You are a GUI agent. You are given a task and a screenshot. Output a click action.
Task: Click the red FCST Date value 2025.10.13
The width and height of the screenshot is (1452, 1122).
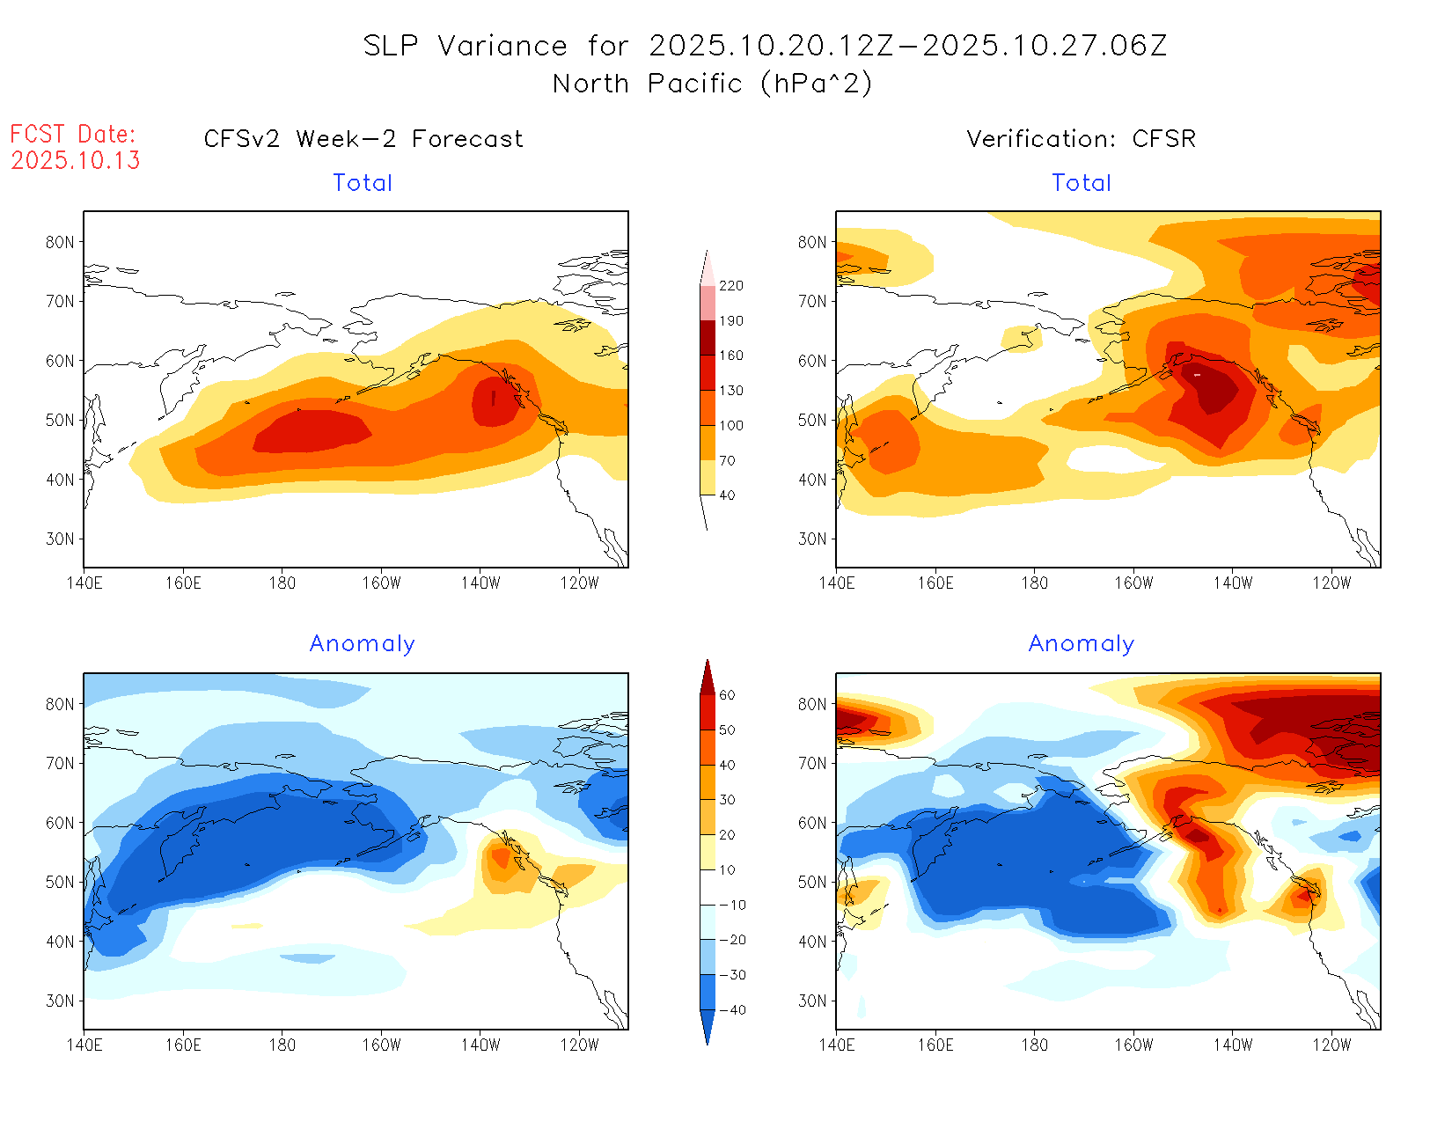pyautogui.click(x=76, y=160)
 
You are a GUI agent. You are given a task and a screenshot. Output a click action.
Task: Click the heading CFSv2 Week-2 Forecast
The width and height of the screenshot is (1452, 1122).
pyautogui.click(x=363, y=139)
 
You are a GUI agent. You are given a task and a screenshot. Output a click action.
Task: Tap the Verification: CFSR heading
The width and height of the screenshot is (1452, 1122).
pyautogui.click(x=1081, y=139)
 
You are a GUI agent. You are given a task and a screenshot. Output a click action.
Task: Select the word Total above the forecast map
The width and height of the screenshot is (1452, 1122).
pyautogui.click(x=363, y=183)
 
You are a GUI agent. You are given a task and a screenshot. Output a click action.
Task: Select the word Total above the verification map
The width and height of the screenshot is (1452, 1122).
pyautogui.click(x=1082, y=183)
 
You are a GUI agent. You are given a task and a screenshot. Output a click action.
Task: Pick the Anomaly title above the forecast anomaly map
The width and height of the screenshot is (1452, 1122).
pyautogui.click(x=363, y=644)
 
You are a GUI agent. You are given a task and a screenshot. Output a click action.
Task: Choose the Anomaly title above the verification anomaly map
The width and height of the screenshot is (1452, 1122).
pyautogui.click(x=1082, y=644)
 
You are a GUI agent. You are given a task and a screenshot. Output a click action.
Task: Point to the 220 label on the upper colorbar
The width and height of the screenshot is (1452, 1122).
pyautogui.click(x=731, y=286)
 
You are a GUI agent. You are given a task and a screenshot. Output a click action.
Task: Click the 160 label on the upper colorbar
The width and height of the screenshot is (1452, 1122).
pyautogui.click(x=731, y=356)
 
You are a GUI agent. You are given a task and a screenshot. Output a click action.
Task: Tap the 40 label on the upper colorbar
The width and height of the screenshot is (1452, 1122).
pyautogui.click(x=727, y=495)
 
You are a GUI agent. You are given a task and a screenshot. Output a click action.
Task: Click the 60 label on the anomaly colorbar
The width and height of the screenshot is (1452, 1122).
pyautogui.click(x=727, y=695)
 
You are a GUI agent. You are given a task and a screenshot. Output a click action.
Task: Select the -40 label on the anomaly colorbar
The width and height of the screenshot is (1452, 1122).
pyautogui.click(x=731, y=1010)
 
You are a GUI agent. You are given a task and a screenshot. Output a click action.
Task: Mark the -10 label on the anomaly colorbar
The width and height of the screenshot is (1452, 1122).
pyautogui.click(x=731, y=905)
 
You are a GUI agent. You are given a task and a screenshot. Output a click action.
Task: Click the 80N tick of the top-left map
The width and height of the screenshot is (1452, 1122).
pyautogui.click(x=60, y=242)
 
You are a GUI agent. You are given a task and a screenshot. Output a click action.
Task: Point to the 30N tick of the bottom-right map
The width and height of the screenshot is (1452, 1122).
pyautogui.click(x=812, y=1001)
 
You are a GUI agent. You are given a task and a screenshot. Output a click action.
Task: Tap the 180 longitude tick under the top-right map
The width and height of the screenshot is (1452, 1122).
pyautogui.click(x=1034, y=583)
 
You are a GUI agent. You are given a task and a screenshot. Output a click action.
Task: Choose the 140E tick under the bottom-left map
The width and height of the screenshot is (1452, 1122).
pyautogui.click(x=84, y=1045)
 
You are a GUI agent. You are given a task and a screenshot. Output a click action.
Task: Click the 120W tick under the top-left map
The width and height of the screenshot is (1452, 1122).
pyautogui.click(x=579, y=583)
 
